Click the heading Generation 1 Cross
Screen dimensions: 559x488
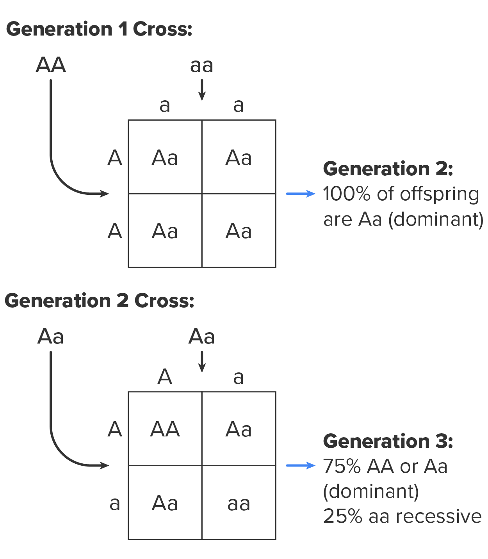coord(99,29)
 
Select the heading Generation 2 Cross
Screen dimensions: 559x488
coord(99,301)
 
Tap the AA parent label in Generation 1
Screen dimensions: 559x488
coord(51,65)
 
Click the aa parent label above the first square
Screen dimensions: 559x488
coord(201,66)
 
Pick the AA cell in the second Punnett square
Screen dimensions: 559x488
coord(165,429)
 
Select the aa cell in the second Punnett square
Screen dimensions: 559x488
coord(239,503)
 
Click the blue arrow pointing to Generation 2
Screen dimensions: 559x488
coord(300,194)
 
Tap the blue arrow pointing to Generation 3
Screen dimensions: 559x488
coord(300,465)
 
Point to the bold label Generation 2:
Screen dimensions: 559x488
coord(388,169)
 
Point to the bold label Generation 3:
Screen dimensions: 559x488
coord(388,441)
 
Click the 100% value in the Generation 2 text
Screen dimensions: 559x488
coord(346,194)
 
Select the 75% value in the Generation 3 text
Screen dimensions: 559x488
coord(342,466)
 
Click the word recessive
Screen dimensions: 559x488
coord(438,516)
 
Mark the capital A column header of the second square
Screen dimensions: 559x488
coord(165,377)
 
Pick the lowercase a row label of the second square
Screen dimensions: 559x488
coord(114,503)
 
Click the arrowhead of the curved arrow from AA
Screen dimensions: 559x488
coord(105,194)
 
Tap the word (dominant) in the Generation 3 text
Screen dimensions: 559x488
coord(371,491)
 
